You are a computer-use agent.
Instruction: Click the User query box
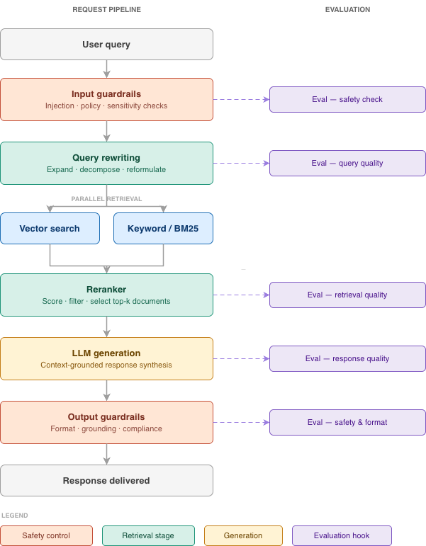(106, 44)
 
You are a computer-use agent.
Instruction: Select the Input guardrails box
(106, 99)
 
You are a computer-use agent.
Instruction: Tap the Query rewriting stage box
(106, 163)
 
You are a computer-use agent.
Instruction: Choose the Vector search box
(50, 228)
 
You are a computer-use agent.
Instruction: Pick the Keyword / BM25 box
(163, 228)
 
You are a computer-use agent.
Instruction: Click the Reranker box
(106, 295)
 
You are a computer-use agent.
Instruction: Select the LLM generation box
(106, 358)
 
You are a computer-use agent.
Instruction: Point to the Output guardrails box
(106, 422)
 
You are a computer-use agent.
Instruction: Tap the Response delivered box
(106, 480)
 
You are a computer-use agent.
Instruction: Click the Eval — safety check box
(347, 99)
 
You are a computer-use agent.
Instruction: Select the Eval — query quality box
(347, 163)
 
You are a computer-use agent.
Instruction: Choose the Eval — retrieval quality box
(347, 295)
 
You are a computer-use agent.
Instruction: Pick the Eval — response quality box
(347, 358)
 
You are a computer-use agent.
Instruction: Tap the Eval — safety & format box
(347, 422)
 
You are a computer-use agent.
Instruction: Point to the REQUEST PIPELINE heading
(106, 10)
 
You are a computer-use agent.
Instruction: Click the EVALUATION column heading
(347, 10)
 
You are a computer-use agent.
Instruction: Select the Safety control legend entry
(46, 535)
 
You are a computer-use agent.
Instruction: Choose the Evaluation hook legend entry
(342, 535)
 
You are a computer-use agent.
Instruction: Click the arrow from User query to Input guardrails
(106, 69)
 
